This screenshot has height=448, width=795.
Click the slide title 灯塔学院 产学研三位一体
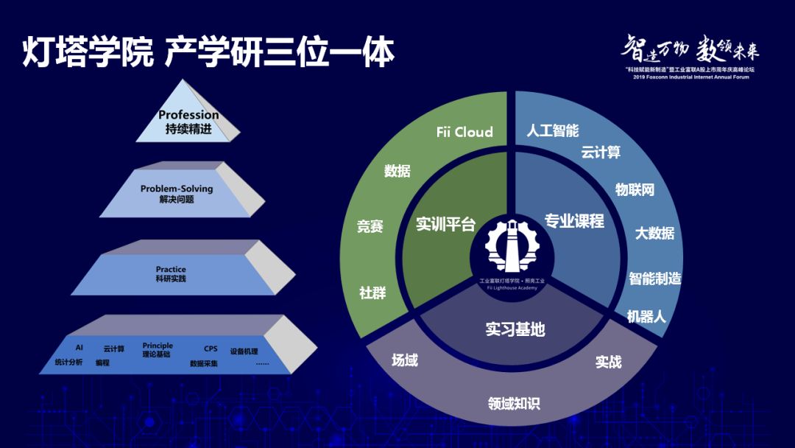pyautogui.click(x=208, y=52)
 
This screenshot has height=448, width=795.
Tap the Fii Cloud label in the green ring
pyautogui.click(x=464, y=133)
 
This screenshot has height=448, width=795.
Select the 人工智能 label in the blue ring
pyautogui.click(x=553, y=131)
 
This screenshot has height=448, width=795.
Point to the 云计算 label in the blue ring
pyautogui.click(x=601, y=153)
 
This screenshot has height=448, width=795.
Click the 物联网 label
pyautogui.click(x=635, y=189)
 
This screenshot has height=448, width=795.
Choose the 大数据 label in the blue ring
pyautogui.click(x=654, y=233)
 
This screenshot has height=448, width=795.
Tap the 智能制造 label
pyautogui.click(x=654, y=279)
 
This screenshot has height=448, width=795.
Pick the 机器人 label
pyautogui.click(x=646, y=317)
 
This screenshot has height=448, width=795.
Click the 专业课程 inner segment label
pyautogui.click(x=574, y=221)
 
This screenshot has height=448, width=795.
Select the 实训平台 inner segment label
pyautogui.click(x=446, y=224)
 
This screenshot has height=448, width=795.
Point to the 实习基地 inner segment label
pyautogui.click(x=515, y=329)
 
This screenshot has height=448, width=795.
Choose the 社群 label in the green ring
pyautogui.click(x=372, y=293)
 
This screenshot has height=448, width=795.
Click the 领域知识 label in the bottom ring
pyautogui.click(x=514, y=403)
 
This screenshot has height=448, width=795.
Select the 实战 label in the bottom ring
pyautogui.click(x=609, y=362)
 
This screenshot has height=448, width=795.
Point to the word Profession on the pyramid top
pyautogui.click(x=188, y=115)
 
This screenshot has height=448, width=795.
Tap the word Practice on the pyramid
pyautogui.click(x=171, y=270)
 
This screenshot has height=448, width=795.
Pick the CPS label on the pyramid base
pyautogui.click(x=211, y=349)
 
